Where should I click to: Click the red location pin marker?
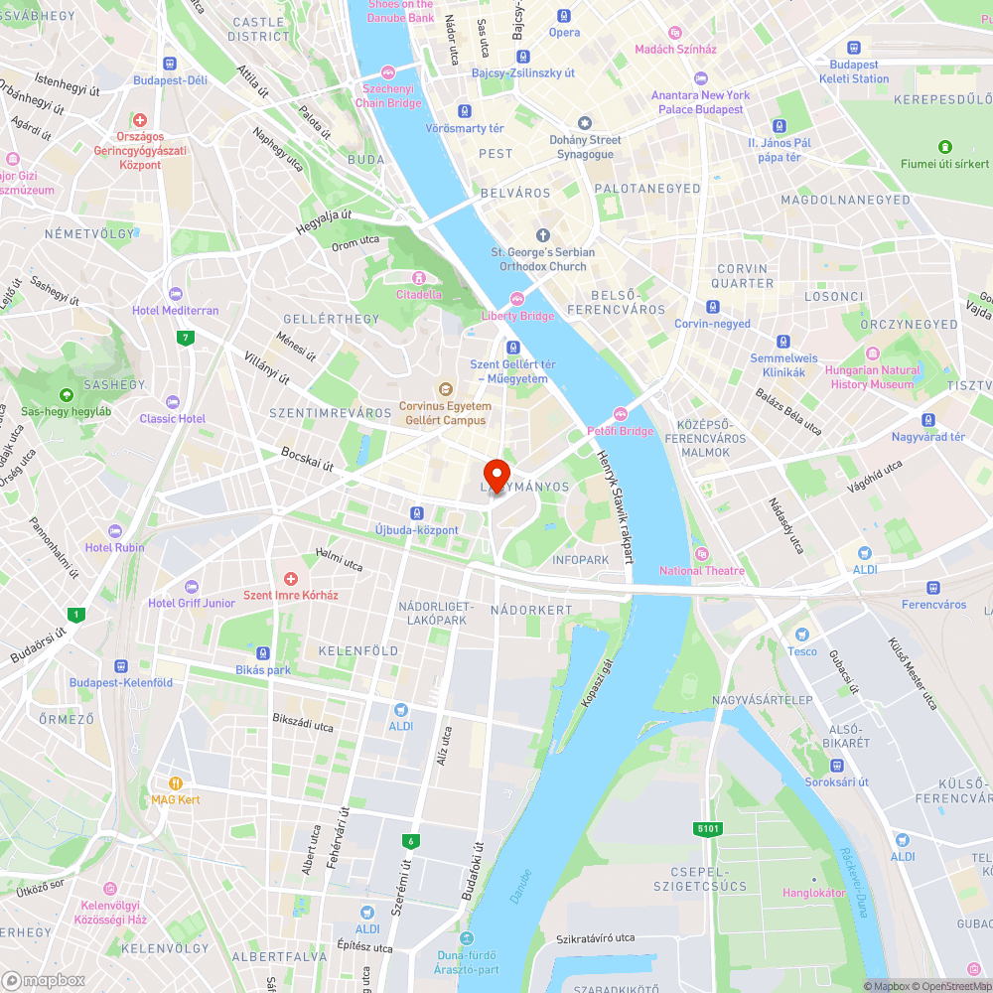496,473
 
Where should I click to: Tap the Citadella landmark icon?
419,277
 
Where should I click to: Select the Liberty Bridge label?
517,316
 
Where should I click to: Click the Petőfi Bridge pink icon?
621,414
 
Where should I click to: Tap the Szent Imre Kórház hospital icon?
291,578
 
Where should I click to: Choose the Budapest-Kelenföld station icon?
121,666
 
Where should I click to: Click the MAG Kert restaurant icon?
176,782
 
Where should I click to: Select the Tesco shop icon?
802,635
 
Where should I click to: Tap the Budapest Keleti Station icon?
854,47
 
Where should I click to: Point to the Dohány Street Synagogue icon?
585,123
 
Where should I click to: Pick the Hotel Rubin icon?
115,531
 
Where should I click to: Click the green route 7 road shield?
185,338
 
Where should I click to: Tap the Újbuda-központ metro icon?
416,513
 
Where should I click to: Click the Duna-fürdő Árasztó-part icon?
468,938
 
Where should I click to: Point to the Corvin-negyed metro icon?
713,307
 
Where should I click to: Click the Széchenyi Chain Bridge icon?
388,71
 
